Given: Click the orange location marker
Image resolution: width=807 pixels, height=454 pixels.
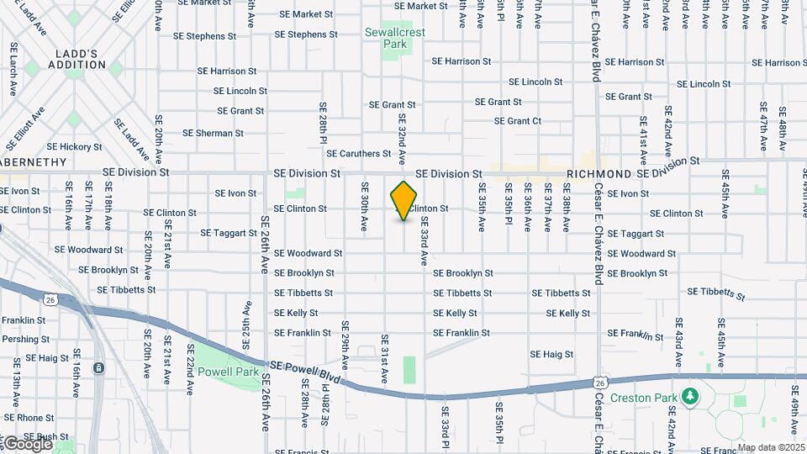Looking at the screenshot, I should pyautogui.click(x=404, y=201).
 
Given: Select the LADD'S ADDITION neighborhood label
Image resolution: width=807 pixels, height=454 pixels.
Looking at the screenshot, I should pyautogui.click(x=76, y=59).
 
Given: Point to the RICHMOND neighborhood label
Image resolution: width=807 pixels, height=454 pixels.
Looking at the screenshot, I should pyautogui.click(x=599, y=173).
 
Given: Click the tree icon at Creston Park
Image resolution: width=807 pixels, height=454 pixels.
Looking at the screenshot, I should pyautogui.click(x=689, y=395).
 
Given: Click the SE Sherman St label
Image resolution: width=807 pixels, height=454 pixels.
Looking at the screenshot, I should pyautogui.click(x=213, y=133).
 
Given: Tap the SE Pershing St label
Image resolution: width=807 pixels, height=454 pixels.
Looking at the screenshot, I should pyautogui.click(x=25, y=340).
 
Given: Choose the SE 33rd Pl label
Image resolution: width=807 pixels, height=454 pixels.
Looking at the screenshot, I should pyautogui.click(x=446, y=425).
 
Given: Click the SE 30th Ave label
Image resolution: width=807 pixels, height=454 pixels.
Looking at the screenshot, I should pyautogui.click(x=365, y=206).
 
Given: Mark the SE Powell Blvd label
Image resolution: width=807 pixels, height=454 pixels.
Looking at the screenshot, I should pyautogui.click(x=307, y=371).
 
